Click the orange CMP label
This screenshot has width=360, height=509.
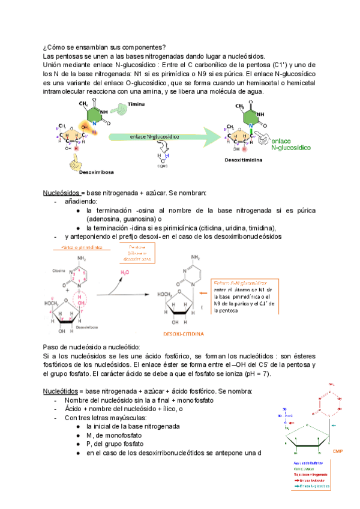[x=338, y=451]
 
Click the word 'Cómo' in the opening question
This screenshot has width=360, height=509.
[x=58, y=48]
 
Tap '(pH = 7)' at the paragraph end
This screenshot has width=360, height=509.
[x=254, y=374]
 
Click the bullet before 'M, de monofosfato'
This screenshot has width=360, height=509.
[x=79, y=435]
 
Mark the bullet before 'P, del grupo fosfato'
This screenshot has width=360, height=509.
[x=79, y=444]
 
